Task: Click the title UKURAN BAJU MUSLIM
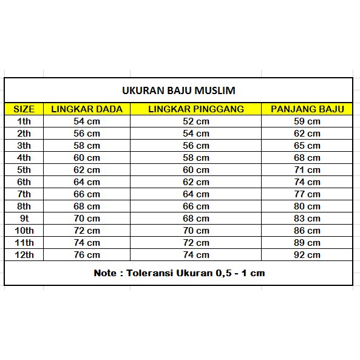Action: tap(179, 91)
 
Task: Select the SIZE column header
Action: tap(24, 109)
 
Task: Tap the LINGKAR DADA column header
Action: tap(87, 109)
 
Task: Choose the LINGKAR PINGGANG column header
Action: tap(196, 109)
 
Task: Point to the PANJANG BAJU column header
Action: tap(307, 109)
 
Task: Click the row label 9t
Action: tap(24, 219)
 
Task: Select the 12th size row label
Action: tap(24, 255)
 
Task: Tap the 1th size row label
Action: tap(24, 121)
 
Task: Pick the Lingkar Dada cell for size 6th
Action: tap(87, 182)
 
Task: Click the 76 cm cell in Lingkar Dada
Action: tap(87, 255)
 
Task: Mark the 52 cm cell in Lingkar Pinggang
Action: tap(196, 121)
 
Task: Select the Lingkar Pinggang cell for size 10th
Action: tap(196, 231)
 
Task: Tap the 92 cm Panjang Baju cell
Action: tap(307, 255)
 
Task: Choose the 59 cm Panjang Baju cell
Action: tap(307, 121)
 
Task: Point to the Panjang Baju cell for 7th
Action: tap(307, 194)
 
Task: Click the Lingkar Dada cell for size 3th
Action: tap(87, 146)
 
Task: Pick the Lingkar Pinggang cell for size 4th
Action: tap(196, 158)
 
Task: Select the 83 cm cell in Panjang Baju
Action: tap(307, 219)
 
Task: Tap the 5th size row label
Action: tap(24, 170)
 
